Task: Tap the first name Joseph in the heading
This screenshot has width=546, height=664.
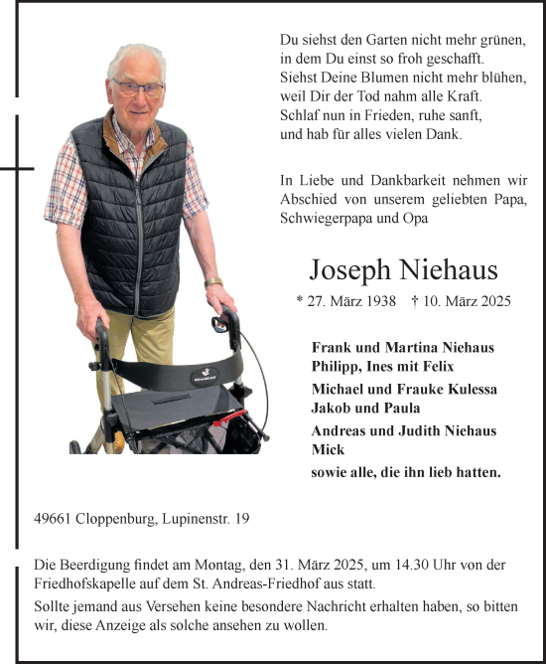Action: pos(352,270)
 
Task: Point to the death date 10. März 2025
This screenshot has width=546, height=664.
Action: pos(465,300)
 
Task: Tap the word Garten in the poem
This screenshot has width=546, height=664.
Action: pos(374,39)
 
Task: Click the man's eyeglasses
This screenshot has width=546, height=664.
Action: pos(138,86)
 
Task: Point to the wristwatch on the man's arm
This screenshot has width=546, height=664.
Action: pos(213,283)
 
